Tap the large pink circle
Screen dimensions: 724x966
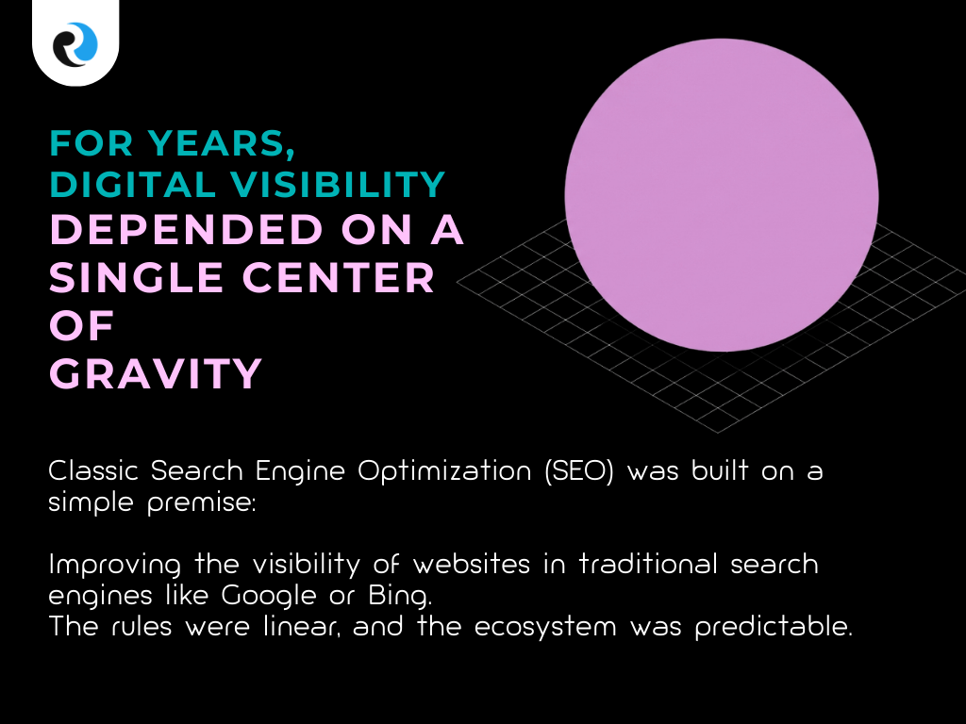722,195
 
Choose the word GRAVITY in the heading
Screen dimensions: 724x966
156,374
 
